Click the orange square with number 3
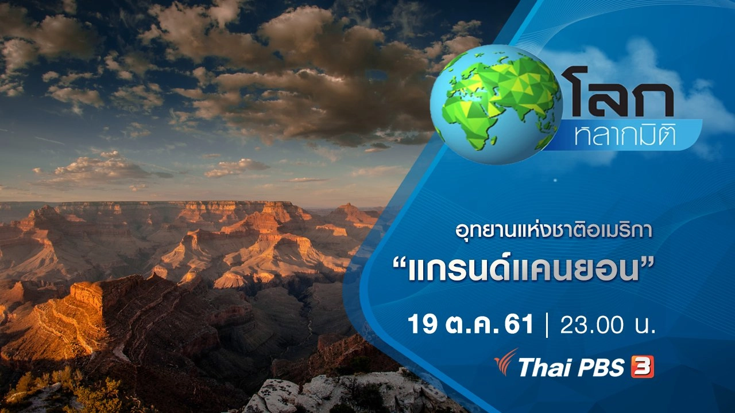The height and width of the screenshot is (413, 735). click(642, 368)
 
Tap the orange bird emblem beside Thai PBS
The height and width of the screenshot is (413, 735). click(506, 362)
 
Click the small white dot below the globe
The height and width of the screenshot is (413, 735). click(555, 180)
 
